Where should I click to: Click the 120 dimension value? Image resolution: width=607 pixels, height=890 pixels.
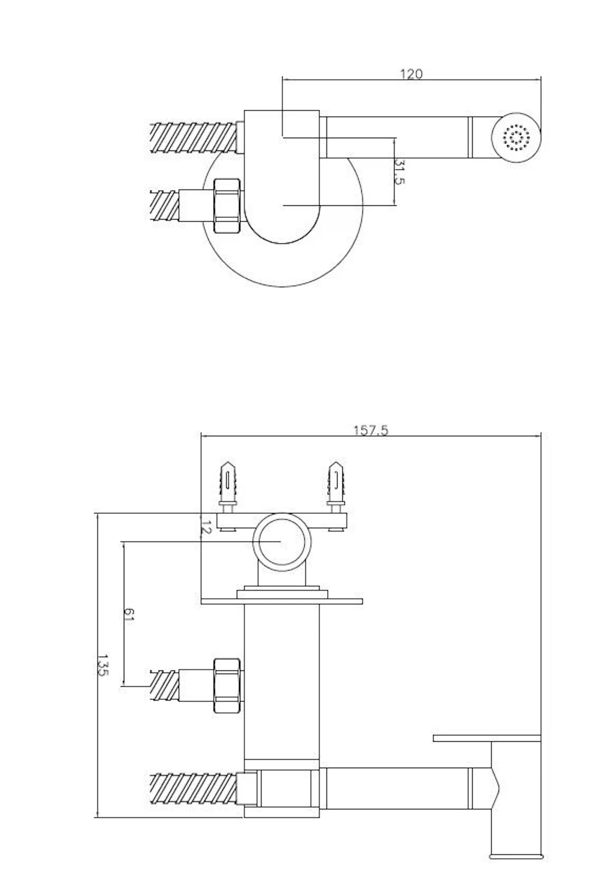411,74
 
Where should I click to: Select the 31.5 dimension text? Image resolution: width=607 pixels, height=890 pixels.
399,172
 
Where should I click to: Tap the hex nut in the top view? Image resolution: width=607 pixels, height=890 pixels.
227,206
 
